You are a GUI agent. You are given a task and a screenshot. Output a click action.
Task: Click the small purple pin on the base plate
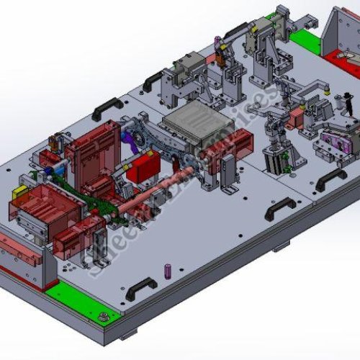coord(168,271)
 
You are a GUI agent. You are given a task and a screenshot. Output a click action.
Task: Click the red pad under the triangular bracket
coord(338,56)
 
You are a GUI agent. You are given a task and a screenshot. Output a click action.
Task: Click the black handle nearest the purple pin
coord(141,288)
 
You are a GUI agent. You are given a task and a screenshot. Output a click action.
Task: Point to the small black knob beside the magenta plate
coord(346,108)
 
